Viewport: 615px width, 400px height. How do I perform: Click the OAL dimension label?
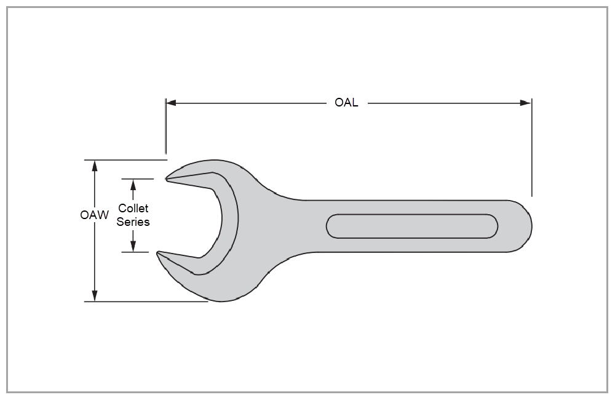[346, 103]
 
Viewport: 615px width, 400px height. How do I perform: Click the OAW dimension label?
[94, 215]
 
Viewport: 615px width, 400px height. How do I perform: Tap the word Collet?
[133, 209]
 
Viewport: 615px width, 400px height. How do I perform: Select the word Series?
[133, 222]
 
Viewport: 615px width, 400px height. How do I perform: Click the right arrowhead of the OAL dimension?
[525, 103]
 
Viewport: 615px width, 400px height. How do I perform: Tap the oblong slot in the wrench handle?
[412, 226]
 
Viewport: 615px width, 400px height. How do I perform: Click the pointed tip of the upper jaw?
[167, 179]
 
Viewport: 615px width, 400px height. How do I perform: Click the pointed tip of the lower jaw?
[159, 252]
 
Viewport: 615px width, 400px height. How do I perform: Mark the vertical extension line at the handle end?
[531, 148]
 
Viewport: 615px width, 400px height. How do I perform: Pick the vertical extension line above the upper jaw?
[165, 126]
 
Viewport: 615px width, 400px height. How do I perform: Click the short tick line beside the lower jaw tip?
[135, 252]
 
